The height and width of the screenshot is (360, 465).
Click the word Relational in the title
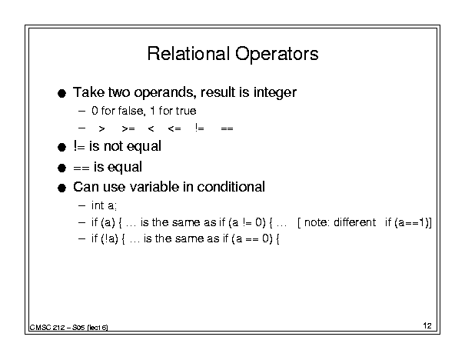point(188,54)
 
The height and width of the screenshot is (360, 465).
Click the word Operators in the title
point(277,55)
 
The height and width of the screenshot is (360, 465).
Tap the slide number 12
point(427,325)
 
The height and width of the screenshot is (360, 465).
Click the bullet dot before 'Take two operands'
point(61,94)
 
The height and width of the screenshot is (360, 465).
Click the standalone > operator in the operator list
point(101,128)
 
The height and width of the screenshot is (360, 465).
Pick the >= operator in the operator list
point(128,128)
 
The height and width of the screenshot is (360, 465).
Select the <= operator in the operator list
point(174,128)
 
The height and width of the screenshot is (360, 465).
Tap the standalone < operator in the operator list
point(151,128)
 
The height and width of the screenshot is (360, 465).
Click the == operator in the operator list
point(228,128)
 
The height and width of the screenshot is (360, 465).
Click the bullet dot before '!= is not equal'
point(61,147)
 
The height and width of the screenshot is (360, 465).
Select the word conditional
point(231,187)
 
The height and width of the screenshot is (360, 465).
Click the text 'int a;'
point(104,205)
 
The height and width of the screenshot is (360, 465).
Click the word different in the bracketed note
point(354,222)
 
